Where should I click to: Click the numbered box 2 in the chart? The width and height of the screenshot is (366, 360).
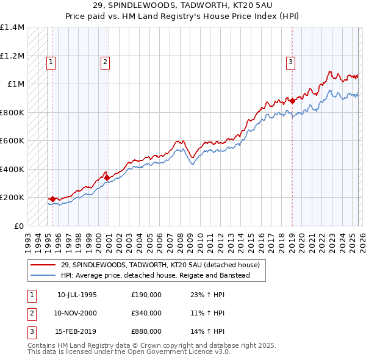105,61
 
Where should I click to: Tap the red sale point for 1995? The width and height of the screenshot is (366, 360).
53,199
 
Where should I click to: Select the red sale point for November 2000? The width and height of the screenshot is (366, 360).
107,178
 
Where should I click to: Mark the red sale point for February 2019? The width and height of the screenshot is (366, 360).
292,101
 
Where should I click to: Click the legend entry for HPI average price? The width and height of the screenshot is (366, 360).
163,275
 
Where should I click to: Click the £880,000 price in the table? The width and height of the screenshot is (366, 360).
146,333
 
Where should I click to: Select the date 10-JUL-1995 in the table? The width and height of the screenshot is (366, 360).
77,294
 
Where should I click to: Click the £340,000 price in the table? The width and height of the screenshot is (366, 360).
146,313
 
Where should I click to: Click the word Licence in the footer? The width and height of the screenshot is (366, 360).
185,351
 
